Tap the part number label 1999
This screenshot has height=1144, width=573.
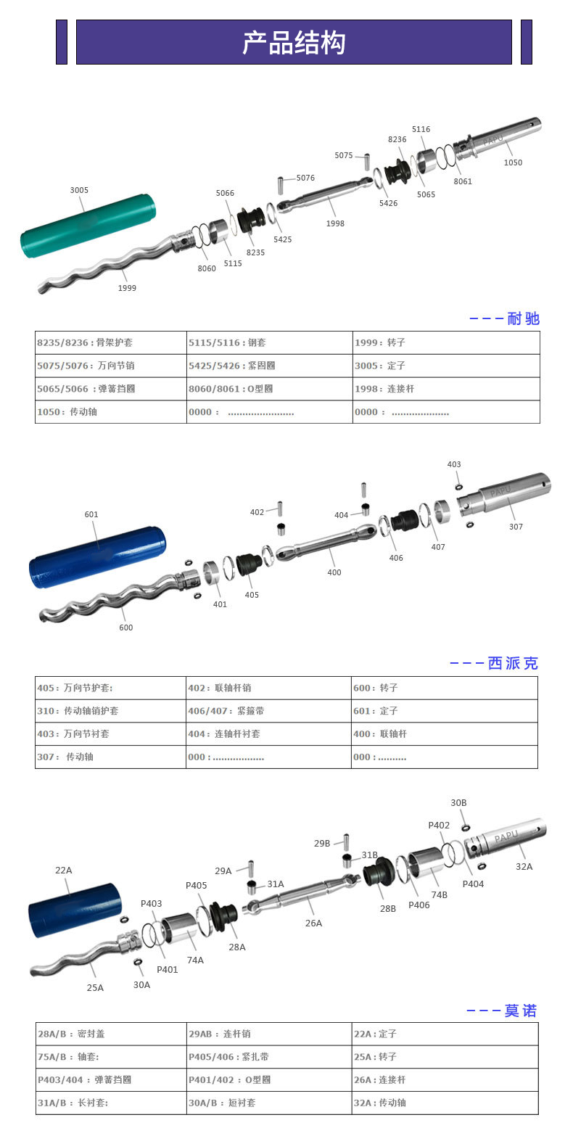tap(127, 288)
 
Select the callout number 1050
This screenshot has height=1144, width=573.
tap(513, 162)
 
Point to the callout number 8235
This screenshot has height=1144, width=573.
tap(255, 252)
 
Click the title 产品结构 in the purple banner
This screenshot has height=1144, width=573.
tap(294, 43)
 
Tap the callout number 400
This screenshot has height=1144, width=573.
tap(334, 572)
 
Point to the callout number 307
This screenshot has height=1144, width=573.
tap(516, 527)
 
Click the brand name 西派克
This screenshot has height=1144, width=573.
tap(513, 663)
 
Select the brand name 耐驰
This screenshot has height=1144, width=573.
tap(524, 318)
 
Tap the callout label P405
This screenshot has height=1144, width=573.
tap(196, 885)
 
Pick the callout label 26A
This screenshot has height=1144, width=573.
tap(313, 923)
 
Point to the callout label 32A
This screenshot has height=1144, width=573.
tap(524, 866)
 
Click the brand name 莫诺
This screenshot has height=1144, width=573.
tap(521, 1011)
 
